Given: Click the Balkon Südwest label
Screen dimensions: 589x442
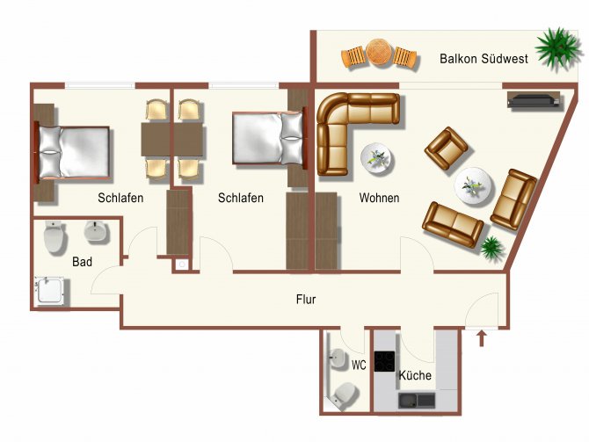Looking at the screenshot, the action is [484, 59].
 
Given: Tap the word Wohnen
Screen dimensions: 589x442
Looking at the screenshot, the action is [379, 198].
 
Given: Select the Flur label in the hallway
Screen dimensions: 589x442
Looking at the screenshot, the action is [306, 300].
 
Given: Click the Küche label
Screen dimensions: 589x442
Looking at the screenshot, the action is [415, 375].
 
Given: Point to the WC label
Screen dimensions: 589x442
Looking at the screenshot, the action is [359, 365].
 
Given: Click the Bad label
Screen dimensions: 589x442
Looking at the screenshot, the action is [82, 261].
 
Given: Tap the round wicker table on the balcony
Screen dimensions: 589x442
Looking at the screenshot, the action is [379, 53].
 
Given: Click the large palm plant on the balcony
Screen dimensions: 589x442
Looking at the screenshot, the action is [558, 48].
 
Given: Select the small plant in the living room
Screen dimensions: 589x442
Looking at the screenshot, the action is [491, 248].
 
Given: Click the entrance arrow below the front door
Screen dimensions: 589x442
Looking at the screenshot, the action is [482, 338].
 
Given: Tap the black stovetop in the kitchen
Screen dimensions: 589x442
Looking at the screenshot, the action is [384, 361].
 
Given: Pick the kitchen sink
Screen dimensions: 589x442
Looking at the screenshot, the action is [417, 401].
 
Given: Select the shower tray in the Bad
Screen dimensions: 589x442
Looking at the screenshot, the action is [49, 290].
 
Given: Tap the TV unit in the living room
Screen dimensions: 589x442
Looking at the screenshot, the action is [534, 100].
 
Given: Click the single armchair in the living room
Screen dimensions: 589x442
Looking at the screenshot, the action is [447, 148].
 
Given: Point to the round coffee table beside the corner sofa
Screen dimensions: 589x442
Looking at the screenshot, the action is [376, 158].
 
